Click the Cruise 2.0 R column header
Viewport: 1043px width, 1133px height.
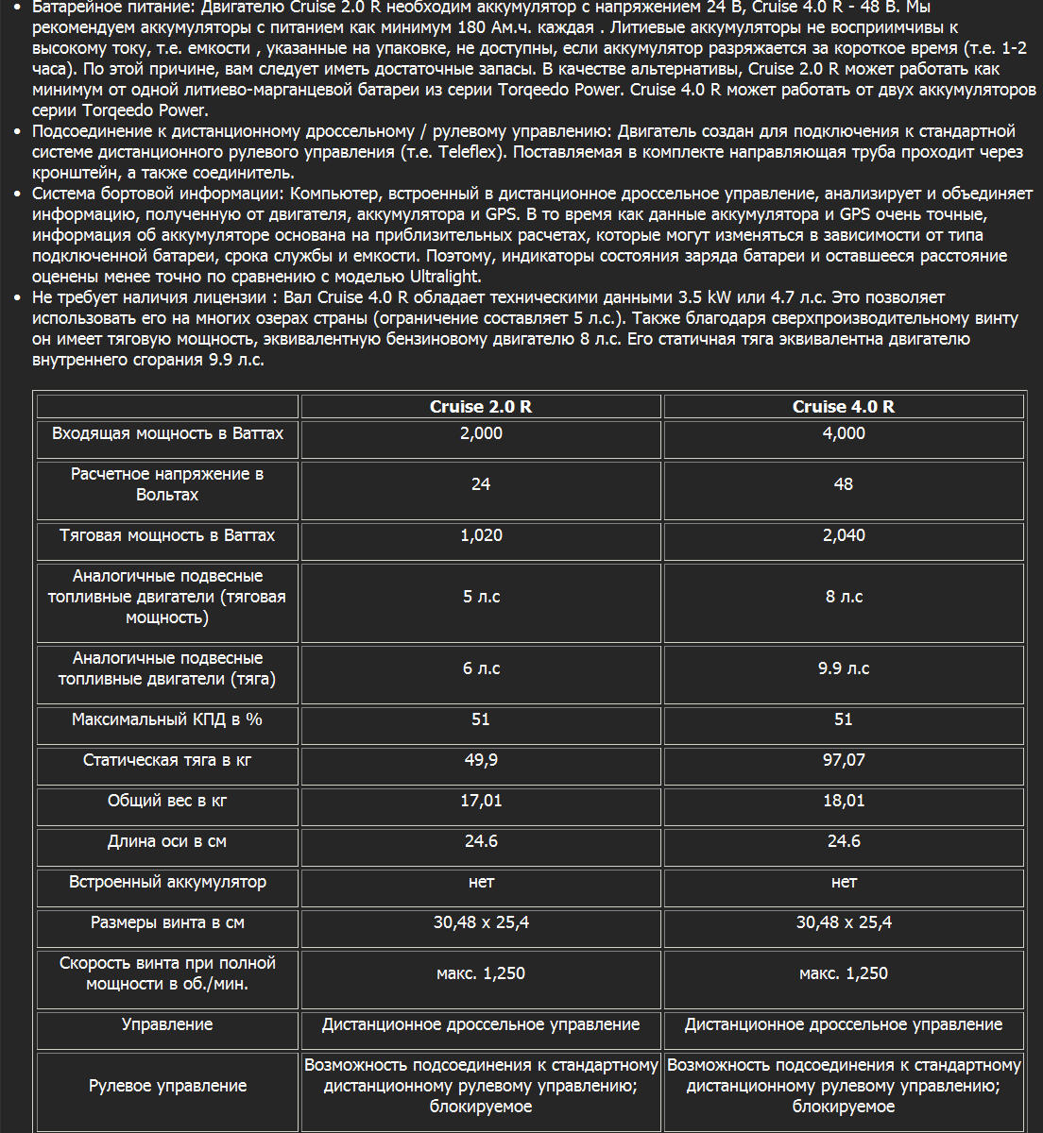pyautogui.click(x=480, y=407)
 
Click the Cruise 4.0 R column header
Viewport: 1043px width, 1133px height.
pyautogui.click(x=843, y=407)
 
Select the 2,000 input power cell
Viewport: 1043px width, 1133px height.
pyautogui.click(x=480, y=433)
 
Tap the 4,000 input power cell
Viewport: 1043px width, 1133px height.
pyautogui.click(x=843, y=433)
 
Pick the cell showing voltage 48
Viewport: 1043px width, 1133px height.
pyautogui.click(x=843, y=484)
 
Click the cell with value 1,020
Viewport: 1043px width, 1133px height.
pyautogui.click(x=480, y=535)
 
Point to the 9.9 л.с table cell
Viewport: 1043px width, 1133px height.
pyautogui.click(x=843, y=668)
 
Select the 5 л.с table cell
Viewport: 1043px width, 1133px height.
pyautogui.click(x=480, y=597)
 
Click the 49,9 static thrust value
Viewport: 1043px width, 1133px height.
pyautogui.click(x=480, y=760)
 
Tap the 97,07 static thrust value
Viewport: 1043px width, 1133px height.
pyautogui.click(x=843, y=760)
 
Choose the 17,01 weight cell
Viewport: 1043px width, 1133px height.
pyautogui.click(x=480, y=801)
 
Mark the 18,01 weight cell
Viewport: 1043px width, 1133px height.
pyautogui.click(x=843, y=801)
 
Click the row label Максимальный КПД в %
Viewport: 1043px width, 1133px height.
pyautogui.click(x=167, y=719)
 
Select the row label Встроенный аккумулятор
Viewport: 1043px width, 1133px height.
pyautogui.click(x=167, y=882)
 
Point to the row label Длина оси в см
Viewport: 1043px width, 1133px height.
pyautogui.click(x=167, y=841)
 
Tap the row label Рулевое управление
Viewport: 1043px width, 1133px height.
pyautogui.click(x=167, y=1086)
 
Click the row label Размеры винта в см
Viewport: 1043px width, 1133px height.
pyautogui.click(x=167, y=922)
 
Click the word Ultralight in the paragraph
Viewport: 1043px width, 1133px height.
pyautogui.click(x=445, y=277)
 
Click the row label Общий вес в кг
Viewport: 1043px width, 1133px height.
pyautogui.click(x=167, y=801)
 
